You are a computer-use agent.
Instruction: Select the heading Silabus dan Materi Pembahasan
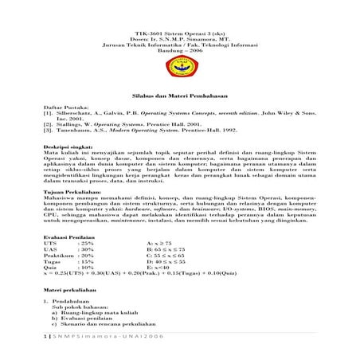point(180,94)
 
